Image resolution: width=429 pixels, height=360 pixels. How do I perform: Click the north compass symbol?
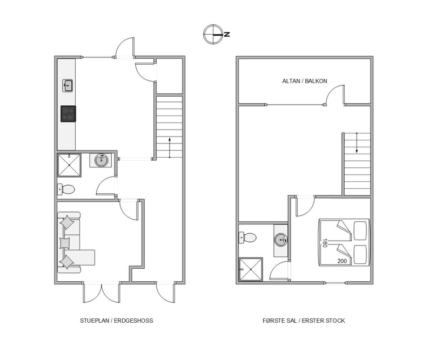click(213, 34)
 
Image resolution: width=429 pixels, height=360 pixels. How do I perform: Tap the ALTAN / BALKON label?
click(305, 81)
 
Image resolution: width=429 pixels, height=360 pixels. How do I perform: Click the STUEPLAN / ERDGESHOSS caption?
click(117, 321)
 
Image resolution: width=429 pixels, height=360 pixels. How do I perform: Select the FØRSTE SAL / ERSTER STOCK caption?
click(304, 321)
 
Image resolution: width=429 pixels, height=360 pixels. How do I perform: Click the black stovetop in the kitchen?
click(68, 114)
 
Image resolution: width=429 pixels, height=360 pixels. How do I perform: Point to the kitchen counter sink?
click(68, 86)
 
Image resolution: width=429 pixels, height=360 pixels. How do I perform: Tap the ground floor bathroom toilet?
click(66, 189)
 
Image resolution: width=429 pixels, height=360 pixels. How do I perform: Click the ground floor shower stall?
click(69, 165)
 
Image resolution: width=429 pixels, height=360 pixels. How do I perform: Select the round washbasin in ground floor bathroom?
click(101, 160)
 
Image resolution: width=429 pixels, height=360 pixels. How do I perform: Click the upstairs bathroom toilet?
click(247, 237)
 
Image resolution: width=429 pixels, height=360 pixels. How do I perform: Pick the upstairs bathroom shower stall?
click(251, 269)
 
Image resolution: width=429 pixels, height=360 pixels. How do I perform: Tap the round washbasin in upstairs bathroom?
click(281, 240)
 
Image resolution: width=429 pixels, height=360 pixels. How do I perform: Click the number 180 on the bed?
click(325, 243)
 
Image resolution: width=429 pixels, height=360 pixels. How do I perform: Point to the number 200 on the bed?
click(342, 261)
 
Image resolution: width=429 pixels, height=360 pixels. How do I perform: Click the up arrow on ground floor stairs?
click(170, 148)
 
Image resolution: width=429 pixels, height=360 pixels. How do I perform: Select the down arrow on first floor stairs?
click(357, 142)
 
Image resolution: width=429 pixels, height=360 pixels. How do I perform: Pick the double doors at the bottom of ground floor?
click(102, 293)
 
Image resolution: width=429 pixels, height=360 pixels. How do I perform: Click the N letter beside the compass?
click(227, 34)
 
